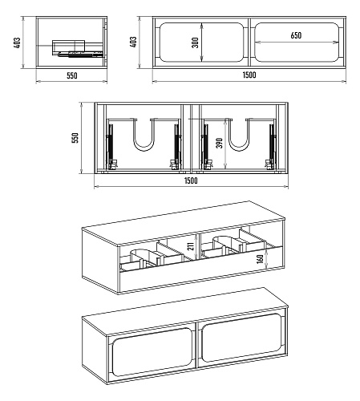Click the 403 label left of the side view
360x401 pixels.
pos(17,43)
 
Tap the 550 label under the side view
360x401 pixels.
pos(72,75)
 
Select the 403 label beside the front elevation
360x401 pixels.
pos(133,43)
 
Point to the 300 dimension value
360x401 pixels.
pos(196,43)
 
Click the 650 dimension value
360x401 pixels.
pos(296,35)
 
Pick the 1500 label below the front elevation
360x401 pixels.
pos(249,75)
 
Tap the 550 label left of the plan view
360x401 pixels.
pos(75,138)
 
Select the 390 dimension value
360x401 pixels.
pos(220,143)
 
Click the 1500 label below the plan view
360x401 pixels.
pos(191,180)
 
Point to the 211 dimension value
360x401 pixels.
pos(191,246)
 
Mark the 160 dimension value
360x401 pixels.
pos(260,259)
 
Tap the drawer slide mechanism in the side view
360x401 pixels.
pos(80,55)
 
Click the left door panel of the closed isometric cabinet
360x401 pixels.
pos(152,352)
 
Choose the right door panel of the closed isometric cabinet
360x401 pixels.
pos(241,338)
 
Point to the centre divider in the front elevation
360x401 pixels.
pos(249,42)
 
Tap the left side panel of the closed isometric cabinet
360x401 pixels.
pos(95,350)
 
